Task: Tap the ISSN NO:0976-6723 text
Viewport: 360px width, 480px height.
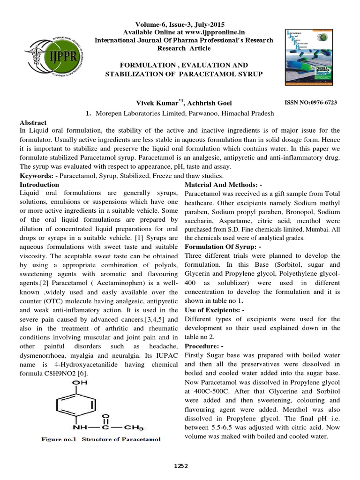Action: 311,102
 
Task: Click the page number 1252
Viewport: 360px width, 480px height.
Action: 180,466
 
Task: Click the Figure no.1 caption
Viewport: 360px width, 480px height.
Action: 101,439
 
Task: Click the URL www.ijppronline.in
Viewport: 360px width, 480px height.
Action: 199,32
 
